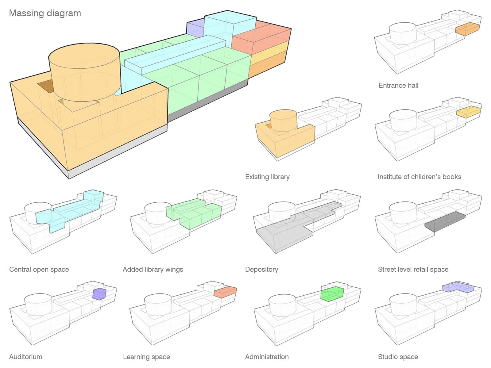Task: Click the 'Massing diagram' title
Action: click(x=45, y=13)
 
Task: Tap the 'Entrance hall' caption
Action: click(x=398, y=86)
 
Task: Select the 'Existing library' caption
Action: click(x=267, y=177)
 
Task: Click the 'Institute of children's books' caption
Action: click(x=419, y=177)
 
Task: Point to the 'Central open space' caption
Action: click(x=39, y=270)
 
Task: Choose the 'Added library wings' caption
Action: click(x=153, y=270)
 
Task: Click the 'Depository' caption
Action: click(x=261, y=270)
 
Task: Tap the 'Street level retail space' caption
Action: click(x=413, y=270)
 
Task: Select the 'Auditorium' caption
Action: click(x=26, y=357)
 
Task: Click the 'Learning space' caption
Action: click(x=146, y=357)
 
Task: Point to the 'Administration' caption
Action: click(x=267, y=357)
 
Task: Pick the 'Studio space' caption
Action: click(x=398, y=357)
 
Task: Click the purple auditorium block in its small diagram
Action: click(x=99, y=294)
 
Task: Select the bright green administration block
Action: click(x=332, y=294)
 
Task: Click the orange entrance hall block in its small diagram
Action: click(x=467, y=29)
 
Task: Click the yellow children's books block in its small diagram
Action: click(x=468, y=112)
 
